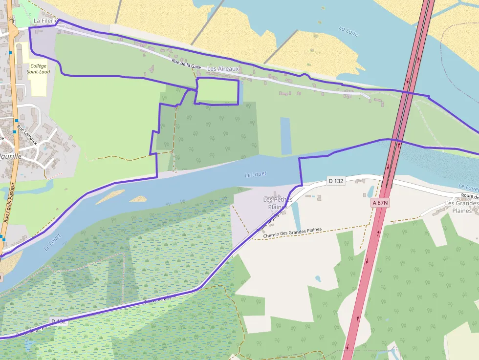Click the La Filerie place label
click(45, 21)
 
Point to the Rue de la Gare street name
click(186, 64)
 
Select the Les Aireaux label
click(223, 69)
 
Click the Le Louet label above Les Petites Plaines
click(256, 174)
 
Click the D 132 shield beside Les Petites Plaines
click(336, 181)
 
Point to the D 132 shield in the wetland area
click(58, 321)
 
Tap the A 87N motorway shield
click(380, 202)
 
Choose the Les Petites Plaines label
click(278, 203)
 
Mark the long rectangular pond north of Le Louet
click(285, 135)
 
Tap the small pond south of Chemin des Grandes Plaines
click(318, 279)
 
